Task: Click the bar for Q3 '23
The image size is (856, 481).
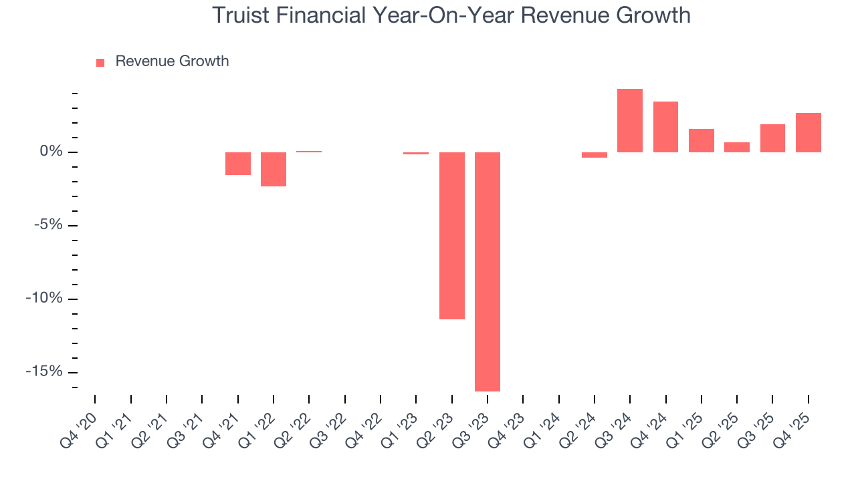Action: tap(488, 271)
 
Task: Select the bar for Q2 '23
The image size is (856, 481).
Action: tap(452, 235)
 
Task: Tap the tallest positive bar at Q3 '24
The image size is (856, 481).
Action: tap(630, 120)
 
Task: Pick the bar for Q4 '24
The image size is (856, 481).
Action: tap(665, 127)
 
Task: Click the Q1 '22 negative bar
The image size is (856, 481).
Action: tap(274, 169)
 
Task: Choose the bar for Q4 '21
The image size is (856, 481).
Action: tap(238, 164)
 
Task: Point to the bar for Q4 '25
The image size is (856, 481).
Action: tap(808, 132)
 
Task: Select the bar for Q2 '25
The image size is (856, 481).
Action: tap(737, 147)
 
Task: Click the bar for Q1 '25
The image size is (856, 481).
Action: tap(701, 140)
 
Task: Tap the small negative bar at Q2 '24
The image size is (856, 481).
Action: tap(595, 155)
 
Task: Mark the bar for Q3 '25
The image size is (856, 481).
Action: tap(772, 138)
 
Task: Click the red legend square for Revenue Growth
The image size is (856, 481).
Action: tap(100, 62)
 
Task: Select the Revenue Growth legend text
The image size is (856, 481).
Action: tap(172, 61)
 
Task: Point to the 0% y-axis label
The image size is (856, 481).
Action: tap(51, 152)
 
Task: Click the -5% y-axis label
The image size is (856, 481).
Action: tap(48, 225)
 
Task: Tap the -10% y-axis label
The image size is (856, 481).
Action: tap(45, 299)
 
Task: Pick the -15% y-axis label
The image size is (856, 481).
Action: tap(45, 372)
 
